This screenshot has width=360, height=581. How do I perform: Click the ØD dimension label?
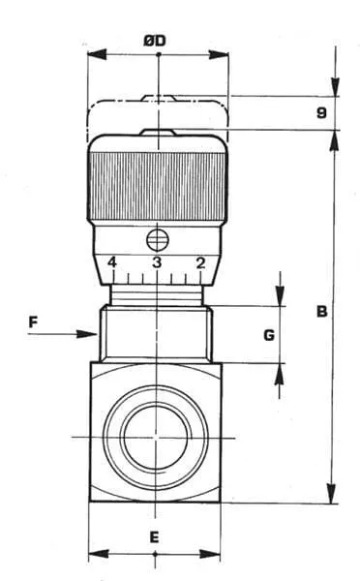(155, 41)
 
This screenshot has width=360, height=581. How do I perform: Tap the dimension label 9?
(322, 112)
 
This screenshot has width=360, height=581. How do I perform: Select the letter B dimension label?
(322, 311)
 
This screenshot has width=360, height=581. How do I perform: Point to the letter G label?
(269, 335)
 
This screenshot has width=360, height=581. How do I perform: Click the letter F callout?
(33, 322)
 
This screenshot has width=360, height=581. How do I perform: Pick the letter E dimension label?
(154, 536)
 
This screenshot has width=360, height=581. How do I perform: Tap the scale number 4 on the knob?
(112, 262)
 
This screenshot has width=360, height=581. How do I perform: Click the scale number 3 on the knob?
(157, 262)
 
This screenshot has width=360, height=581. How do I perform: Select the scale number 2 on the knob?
(200, 262)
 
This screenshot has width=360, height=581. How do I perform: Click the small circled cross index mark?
(158, 240)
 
